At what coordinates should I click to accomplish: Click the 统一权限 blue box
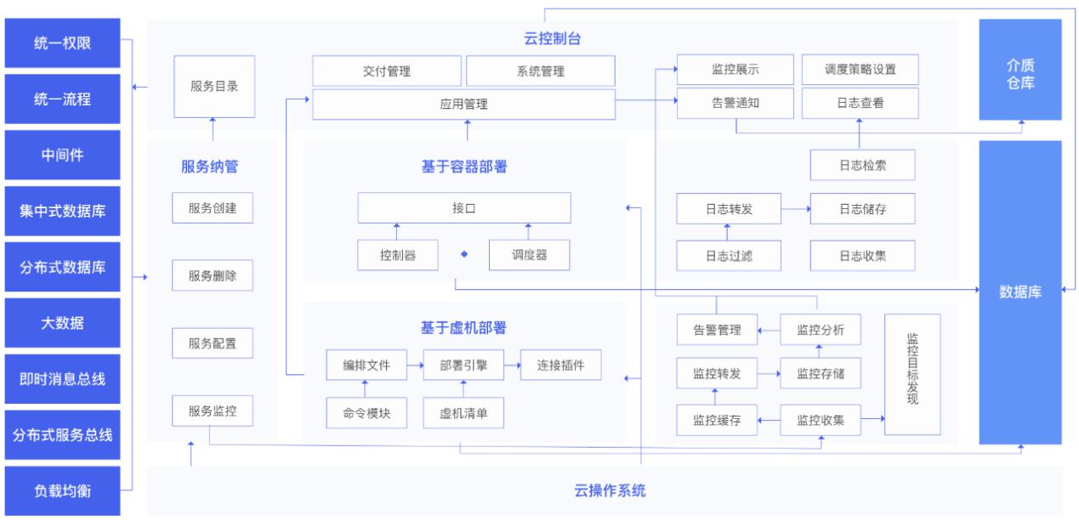point(63,42)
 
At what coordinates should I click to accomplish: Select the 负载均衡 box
point(63,490)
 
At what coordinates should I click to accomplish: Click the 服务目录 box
point(213,87)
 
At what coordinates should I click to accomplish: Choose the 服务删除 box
point(213,276)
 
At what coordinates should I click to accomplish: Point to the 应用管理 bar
point(463,105)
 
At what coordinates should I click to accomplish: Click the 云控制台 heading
point(552,38)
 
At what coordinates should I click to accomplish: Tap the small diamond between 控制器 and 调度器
point(464,253)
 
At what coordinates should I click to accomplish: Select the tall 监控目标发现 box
point(913,374)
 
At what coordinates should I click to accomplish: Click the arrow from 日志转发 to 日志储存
point(795,208)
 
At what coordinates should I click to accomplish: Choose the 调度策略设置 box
point(860,70)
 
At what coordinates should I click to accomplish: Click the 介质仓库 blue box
point(1020,70)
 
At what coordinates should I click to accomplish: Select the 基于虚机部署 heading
point(463,327)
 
